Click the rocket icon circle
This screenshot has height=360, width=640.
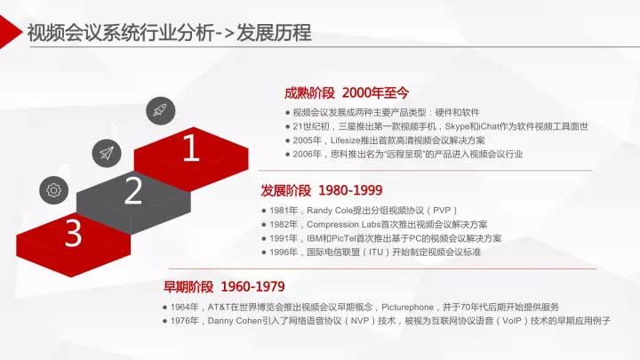(x=161, y=111)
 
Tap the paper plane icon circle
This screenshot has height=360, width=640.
(x=107, y=153)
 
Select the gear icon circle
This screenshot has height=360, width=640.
(x=54, y=190)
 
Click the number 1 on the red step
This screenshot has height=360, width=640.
(x=191, y=148)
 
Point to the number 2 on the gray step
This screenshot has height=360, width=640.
(x=133, y=190)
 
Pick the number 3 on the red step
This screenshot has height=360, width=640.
(x=74, y=234)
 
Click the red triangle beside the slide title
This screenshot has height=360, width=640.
(x=10, y=31)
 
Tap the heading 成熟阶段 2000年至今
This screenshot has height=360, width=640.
(x=347, y=93)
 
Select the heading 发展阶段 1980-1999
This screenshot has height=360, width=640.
(x=322, y=190)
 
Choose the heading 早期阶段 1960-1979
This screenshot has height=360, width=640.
(x=224, y=286)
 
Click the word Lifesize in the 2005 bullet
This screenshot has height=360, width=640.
(x=346, y=140)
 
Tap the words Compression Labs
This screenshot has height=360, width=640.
(x=344, y=225)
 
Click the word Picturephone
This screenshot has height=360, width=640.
(x=407, y=307)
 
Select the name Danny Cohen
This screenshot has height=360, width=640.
(x=235, y=321)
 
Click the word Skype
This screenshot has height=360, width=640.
(x=457, y=126)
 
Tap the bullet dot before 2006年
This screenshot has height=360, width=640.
(x=288, y=155)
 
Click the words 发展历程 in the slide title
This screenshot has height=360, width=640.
(x=274, y=33)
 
